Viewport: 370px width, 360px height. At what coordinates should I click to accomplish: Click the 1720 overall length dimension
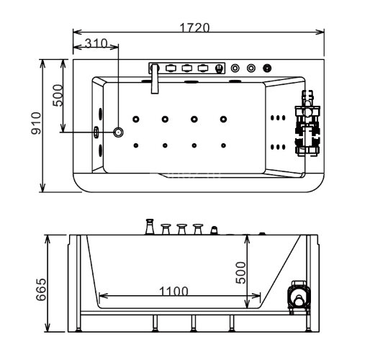point(194,27)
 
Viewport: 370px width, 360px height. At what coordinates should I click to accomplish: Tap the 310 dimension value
point(96,43)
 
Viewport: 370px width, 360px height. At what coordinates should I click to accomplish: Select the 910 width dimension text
point(37,123)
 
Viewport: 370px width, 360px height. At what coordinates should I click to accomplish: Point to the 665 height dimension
point(41,289)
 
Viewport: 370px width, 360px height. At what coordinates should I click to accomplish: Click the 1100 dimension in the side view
point(173,291)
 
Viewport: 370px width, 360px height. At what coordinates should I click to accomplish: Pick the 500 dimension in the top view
point(58,95)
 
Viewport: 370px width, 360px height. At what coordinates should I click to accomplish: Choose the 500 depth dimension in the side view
point(240,273)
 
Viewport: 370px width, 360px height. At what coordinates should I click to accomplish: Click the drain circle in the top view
point(118,132)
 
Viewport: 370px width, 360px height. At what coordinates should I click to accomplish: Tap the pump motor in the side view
point(298,296)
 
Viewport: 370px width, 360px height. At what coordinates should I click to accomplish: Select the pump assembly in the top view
point(307,123)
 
